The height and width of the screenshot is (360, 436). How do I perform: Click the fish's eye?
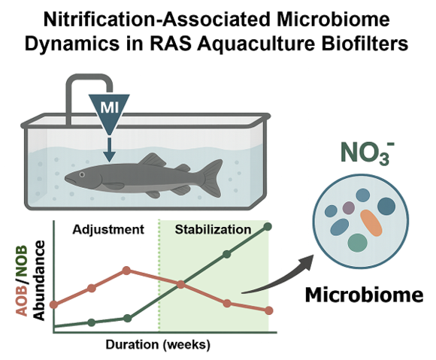pyautogui.click(x=82, y=174)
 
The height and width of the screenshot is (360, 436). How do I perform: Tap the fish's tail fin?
pyautogui.click(x=213, y=177)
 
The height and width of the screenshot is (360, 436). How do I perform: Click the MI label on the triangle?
pyautogui.click(x=110, y=107)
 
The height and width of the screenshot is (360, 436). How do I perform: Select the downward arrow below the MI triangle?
pyautogui.click(x=110, y=150)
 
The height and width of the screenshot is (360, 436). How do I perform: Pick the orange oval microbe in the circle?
pyautogui.click(x=371, y=223)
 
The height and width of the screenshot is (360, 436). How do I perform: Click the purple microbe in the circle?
pyautogui.click(x=348, y=207)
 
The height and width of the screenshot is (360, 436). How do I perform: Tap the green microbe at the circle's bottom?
pyautogui.click(x=358, y=243)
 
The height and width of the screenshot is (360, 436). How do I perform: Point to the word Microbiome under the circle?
pyautogui.click(x=365, y=295)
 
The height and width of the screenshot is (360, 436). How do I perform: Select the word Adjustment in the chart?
pyautogui.click(x=108, y=230)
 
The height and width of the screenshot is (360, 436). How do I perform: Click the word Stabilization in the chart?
pyautogui.click(x=213, y=230)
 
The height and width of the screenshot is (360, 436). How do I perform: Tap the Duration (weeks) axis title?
pyautogui.click(x=158, y=345)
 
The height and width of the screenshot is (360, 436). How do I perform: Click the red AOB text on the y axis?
pyautogui.click(x=23, y=300)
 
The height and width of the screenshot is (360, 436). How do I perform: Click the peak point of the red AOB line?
pyautogui.click(x=126, y=271)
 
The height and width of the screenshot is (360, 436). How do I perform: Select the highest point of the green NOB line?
pyautogui.click(x=268, y=226)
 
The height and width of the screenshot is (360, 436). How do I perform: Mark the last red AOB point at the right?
pyautogui.click(x=268, y=310)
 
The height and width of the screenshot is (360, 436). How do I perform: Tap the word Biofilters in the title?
pyautogui.click(x=363, y=44)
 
